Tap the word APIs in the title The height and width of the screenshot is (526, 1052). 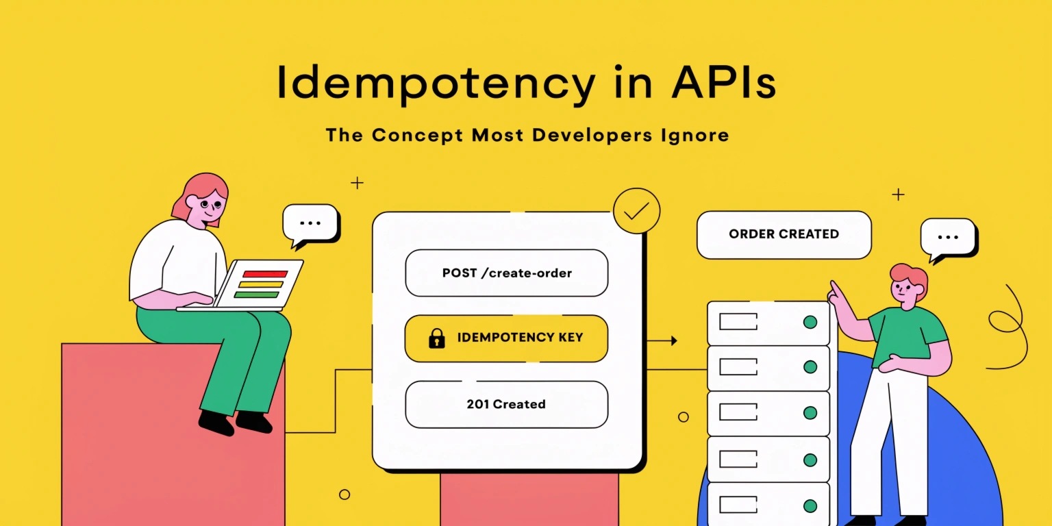click(x=724, y=83)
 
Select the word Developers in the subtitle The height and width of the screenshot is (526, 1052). click(x=592, y=135)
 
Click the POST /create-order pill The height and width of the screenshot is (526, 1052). click(x=506, y=273)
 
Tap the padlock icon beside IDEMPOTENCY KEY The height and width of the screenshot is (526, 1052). click(x=437, y=338)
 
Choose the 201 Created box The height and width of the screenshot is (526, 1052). click(x=506, y=404)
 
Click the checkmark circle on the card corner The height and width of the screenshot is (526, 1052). click(x=636, y=211)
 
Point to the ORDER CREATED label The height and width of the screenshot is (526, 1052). click(x=784, y=234)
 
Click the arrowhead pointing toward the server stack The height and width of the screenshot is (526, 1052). click(x=675, y=340)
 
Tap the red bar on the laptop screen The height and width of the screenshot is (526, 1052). click(x=265, y=274)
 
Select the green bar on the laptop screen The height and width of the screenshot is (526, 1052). click(x=256, y=295)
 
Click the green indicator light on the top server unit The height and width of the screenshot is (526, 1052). click(x=810, y=322)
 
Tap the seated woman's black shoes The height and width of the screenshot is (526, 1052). click(x=235, y=423)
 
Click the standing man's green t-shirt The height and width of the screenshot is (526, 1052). click(x=906, y=336)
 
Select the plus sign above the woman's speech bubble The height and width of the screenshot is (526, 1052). click(x=358, y=183)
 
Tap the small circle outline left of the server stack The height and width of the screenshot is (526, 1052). click(x=684, y=416)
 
